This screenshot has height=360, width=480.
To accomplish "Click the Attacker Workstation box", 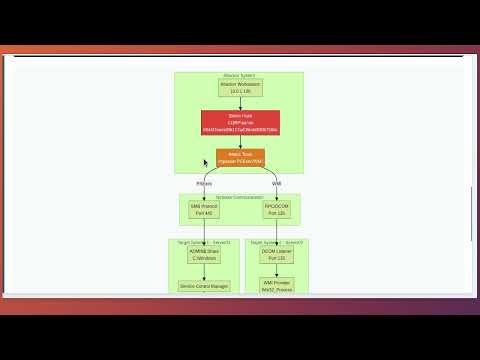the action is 240,88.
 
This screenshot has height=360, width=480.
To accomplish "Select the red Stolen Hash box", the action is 240,123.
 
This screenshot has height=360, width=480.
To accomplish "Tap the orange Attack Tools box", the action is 240,157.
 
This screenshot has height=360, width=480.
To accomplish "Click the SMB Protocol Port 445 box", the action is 203,211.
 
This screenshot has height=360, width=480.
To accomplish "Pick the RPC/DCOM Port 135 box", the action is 276,211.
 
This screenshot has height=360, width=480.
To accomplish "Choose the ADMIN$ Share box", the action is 203,255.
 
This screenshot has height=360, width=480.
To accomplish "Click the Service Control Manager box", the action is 203,286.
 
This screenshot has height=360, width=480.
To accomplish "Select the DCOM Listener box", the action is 276,255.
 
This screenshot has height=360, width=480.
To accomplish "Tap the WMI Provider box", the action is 276,286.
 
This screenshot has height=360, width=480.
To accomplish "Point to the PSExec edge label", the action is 204,184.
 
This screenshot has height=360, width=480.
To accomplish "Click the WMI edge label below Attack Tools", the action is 276,184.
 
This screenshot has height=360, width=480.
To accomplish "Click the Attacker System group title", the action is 240,76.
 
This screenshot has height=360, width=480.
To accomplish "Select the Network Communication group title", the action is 240,197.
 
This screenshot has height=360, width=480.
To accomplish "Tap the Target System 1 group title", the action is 203,242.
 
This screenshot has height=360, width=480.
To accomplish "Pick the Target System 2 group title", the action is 276,242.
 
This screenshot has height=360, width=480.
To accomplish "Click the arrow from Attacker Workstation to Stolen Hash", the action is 240,104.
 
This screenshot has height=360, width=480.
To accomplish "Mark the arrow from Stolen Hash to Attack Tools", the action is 240,142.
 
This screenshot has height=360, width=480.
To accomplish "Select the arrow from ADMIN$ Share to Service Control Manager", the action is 203,272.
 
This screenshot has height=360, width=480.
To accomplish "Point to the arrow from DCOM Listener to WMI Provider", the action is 276,272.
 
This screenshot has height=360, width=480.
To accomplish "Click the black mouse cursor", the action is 206,163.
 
